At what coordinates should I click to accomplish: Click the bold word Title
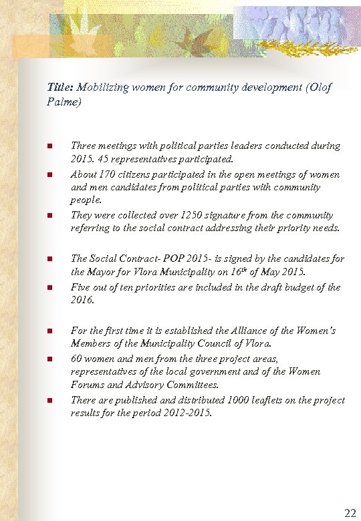pos(60,88)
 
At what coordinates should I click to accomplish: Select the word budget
pos(298,287)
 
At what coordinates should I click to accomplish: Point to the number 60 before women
pos(76,359)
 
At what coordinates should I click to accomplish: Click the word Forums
pos(87,385)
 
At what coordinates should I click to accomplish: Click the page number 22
pos(350,513)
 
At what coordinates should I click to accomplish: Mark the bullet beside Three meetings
pos(50,146)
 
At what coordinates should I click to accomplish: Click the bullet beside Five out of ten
pos(50,288)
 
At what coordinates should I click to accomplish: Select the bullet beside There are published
pos(50,400)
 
